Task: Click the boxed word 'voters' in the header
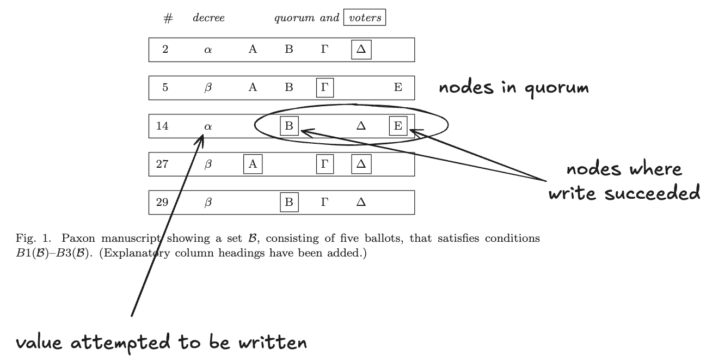pos(364,18)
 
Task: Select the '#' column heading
pos(168,19)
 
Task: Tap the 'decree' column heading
pos(208,18)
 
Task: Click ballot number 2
pos(165,50)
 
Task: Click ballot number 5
pos(165,88)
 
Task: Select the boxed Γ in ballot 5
pos(325,88)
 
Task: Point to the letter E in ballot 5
pos(398,88)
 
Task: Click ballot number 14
pos(162,126)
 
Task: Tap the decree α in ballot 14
pos(207,126)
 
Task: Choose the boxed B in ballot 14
pos(289,126)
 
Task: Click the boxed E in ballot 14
pos(398,126)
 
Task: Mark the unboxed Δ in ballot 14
pos(360,126)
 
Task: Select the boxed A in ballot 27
pos(253,164)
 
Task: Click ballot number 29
pos(162,203)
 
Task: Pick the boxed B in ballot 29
pos(289,203)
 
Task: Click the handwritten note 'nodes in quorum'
pos(513,88)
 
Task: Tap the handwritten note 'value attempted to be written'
pos(161,343)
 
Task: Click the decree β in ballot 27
pos(207,164)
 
